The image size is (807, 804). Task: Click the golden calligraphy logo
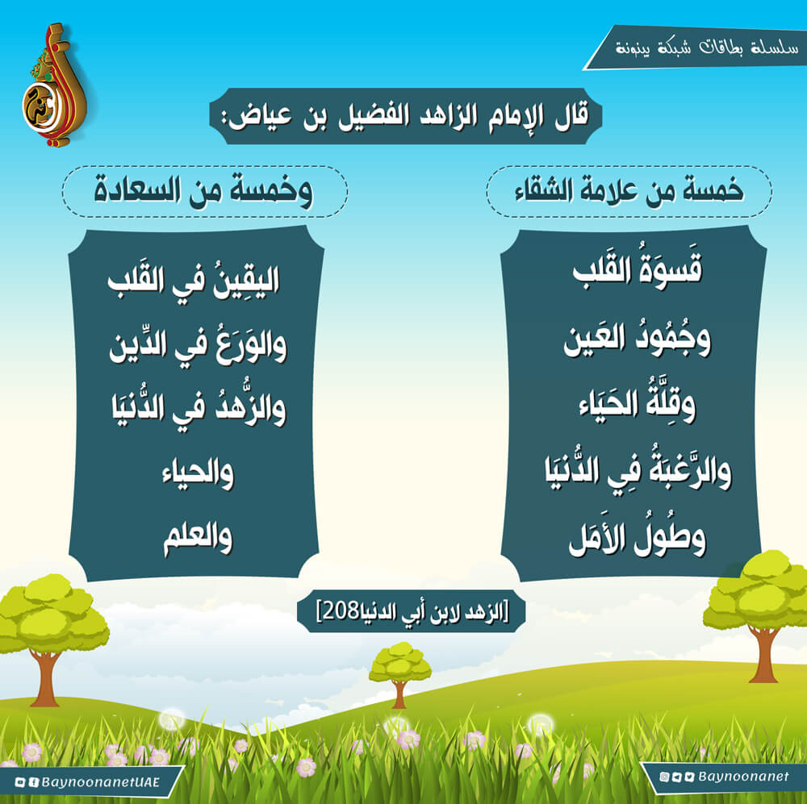pyautogui.click(x=53, y=85)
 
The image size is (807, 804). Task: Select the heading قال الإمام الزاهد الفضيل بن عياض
pyautogui.click(x=406, y=116)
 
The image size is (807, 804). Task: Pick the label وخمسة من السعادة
pyautogui.click(x=203, y=191)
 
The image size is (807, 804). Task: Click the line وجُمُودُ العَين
pyautogui.click(x=638, y=339)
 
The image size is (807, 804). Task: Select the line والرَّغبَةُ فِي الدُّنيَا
pyautogui.click(x=638, y=469)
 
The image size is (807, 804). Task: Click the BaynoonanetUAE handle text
pyautogui.click(x=100, y=782)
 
